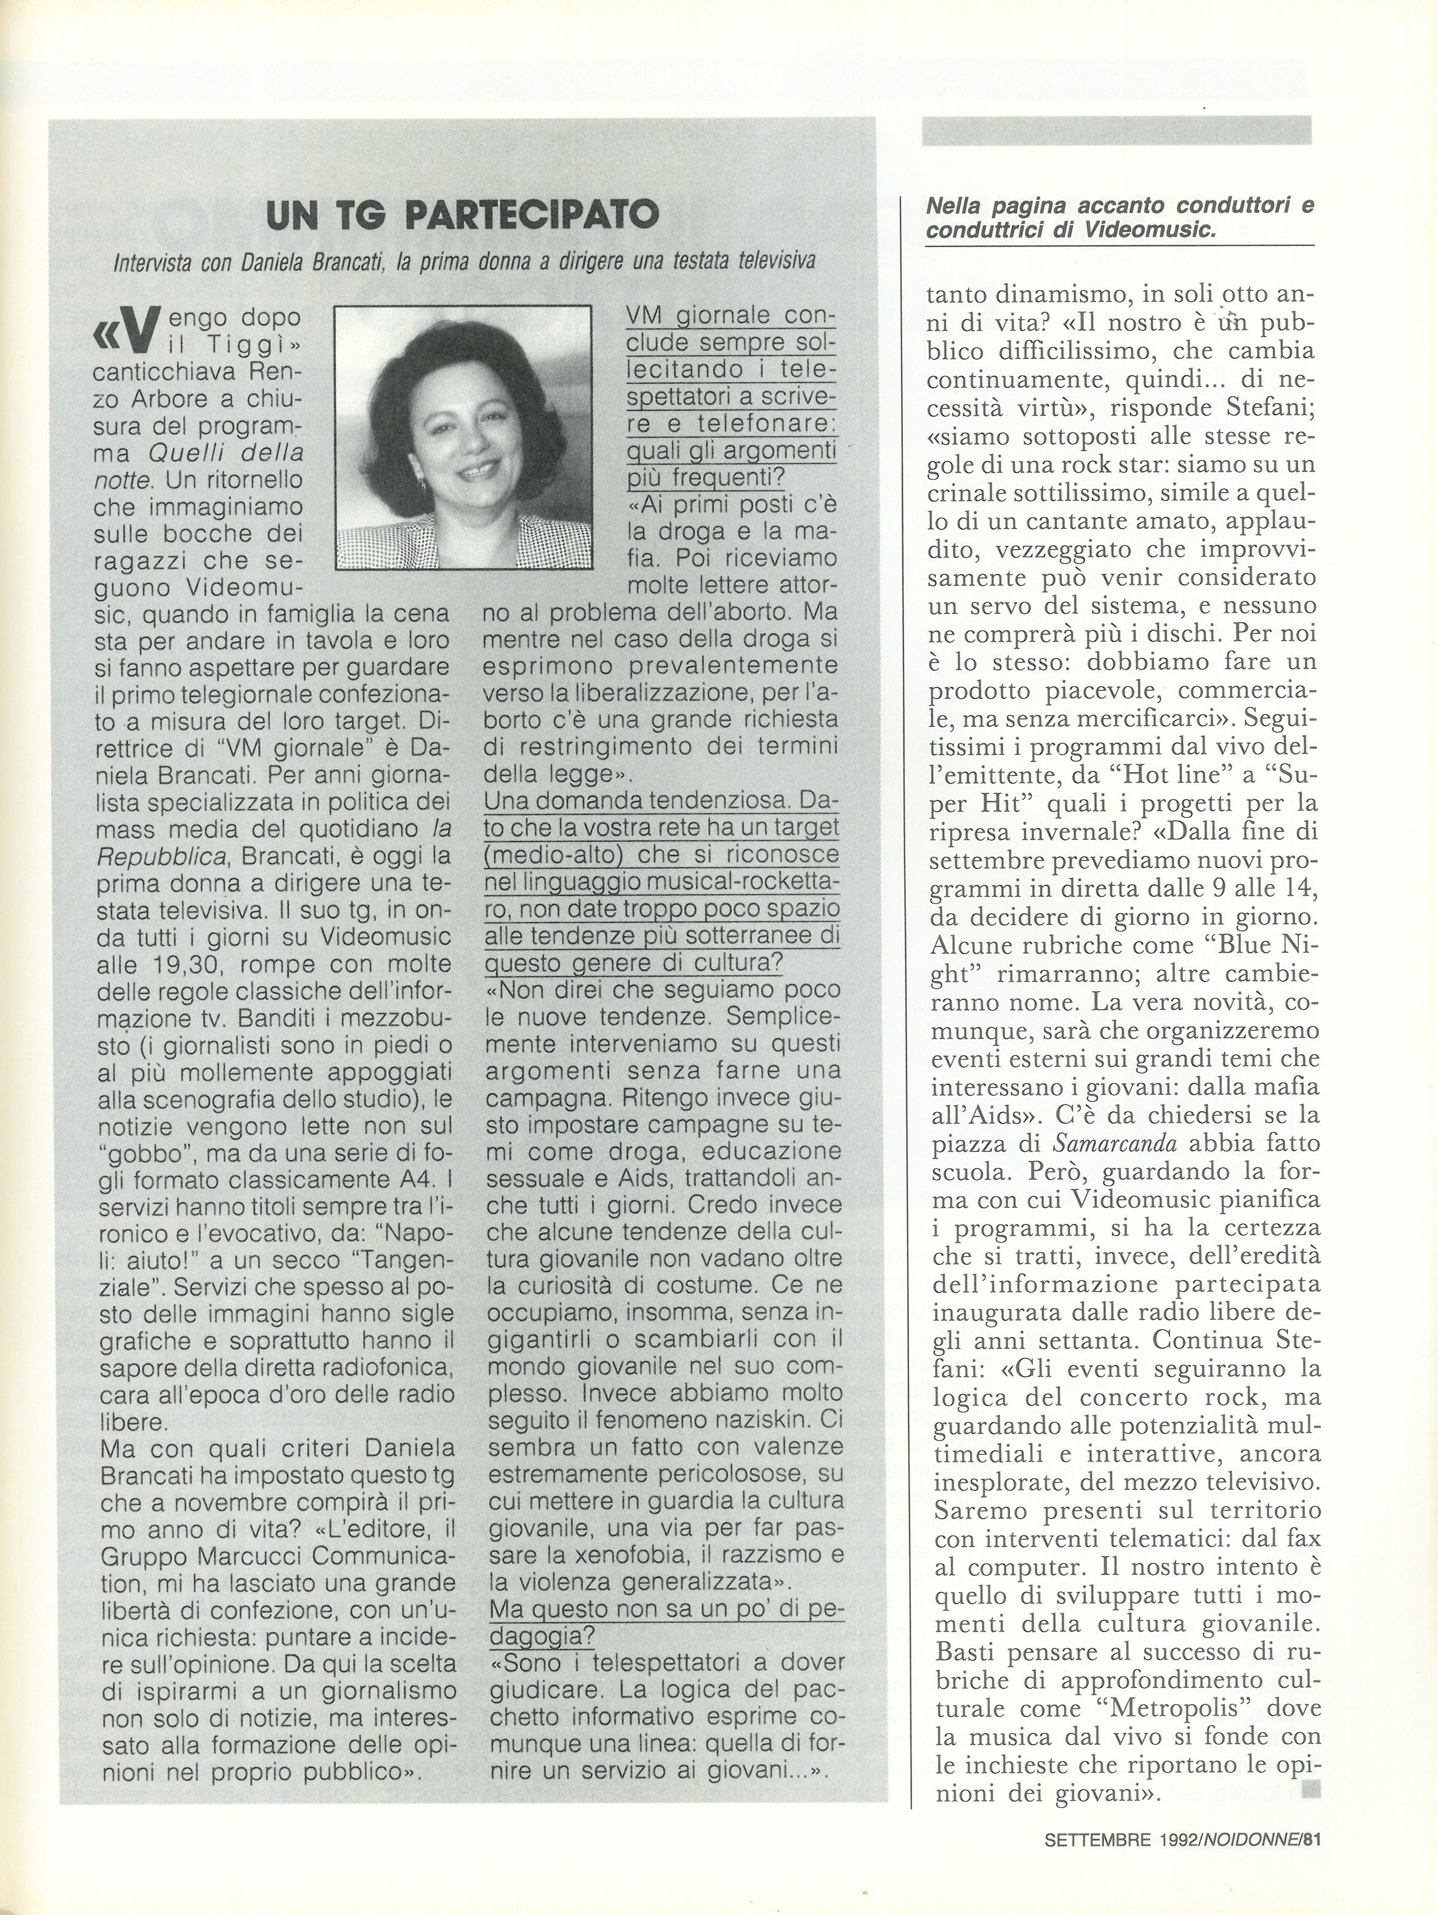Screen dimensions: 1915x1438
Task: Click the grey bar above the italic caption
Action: coord(1117,131)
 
